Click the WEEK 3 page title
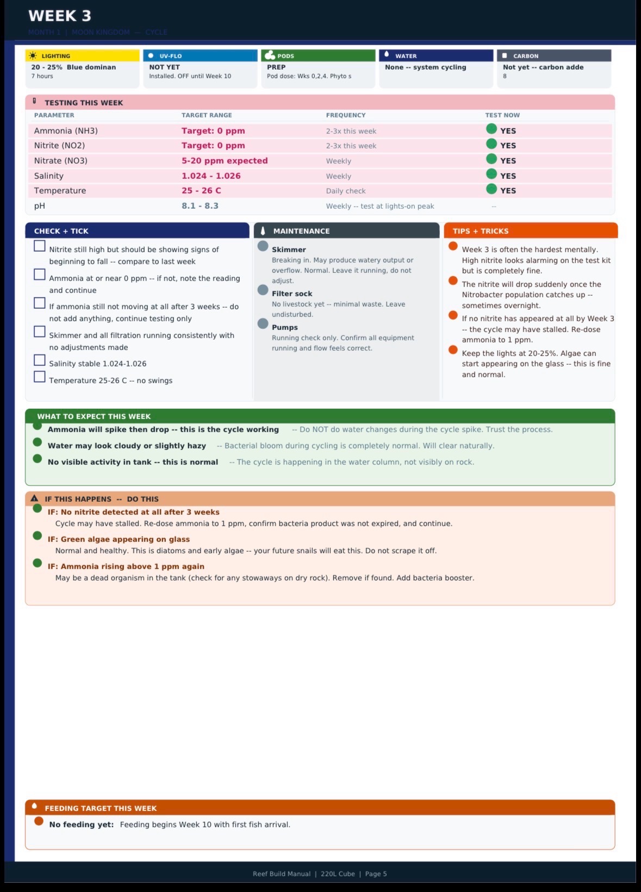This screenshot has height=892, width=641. [x=60, y=16]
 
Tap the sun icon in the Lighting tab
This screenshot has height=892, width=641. [x=34, y=56]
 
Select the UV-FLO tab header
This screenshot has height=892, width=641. [x=170, y=56]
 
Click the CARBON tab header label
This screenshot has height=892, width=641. [x=526, y=56]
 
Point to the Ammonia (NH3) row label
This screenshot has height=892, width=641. [x=66, y=131]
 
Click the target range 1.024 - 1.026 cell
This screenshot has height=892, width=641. [x=211, y=176]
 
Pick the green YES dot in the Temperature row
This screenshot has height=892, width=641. [x=491, y=189]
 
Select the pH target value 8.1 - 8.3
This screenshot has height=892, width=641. [x=200, y=206]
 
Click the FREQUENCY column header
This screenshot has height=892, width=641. [x=346, y=115]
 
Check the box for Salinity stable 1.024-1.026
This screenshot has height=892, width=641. [x=40, y=360]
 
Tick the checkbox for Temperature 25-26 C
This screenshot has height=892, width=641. [x=40, y=377]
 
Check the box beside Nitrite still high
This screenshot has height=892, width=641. [x=40, y=246]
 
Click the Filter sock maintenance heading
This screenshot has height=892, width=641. [x=292, y=294]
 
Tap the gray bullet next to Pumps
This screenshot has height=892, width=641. [x=263, y=323]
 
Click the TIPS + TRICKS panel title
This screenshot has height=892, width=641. [x=481, y=231]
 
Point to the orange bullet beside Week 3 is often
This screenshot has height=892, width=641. [x=453, y=246]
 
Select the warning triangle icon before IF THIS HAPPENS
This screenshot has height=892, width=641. [x=35, y=498]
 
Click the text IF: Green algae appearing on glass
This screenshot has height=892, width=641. [x=119, y=539]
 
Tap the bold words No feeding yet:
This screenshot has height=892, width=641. [x=82, y=825]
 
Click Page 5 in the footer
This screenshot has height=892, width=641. [x=376, y=874]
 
